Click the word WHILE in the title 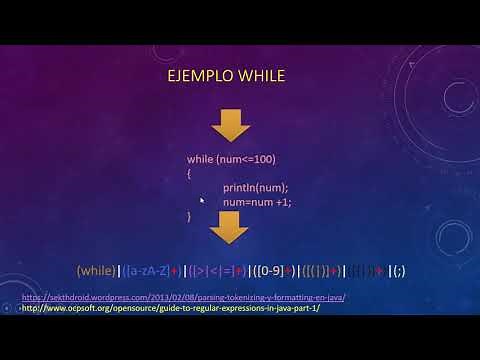263,77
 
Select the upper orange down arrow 229,125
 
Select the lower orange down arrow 229,229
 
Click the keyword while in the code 201,159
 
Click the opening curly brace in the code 189,173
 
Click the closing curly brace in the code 189,215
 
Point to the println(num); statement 255,187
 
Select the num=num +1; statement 257,201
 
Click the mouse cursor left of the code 201,200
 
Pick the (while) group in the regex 96,271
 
